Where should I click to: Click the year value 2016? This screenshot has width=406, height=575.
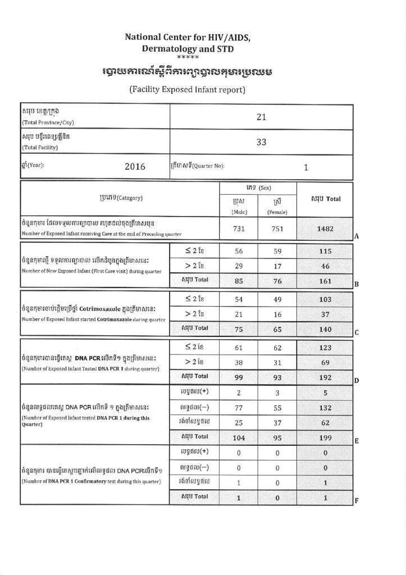tap(135, 166)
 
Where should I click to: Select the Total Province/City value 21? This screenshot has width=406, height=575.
tap(261, 117)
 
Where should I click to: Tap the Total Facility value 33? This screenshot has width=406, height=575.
tap(261, 142)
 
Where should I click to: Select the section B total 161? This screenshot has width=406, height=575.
tap(325, 277)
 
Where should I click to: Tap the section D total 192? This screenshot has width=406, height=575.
tap(325, 377)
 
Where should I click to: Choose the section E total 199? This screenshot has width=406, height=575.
tap(325, 436)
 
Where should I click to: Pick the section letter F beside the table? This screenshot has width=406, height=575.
tap(357, 500)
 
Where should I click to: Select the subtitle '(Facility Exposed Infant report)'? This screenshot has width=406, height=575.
tap(187, 89)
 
